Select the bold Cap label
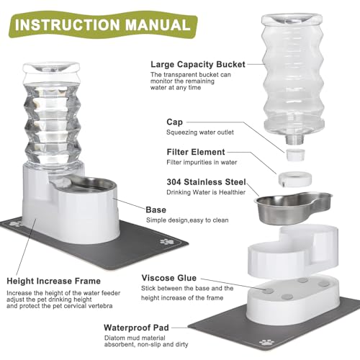click(174, 122)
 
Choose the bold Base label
click(156, 210)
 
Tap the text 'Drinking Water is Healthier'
click(195, 192)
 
